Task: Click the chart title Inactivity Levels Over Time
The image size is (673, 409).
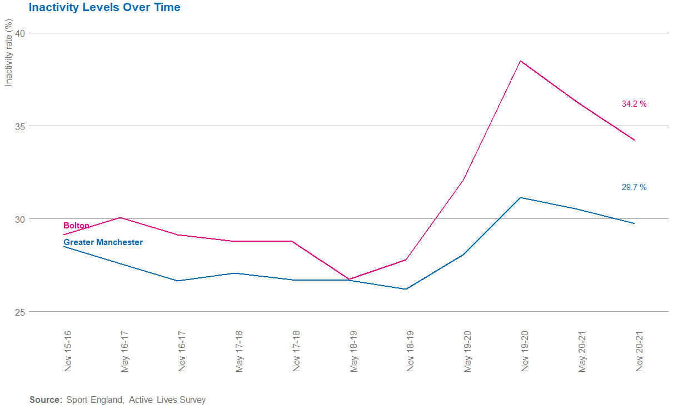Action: tap(104, 8)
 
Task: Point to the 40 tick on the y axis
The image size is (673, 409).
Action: tap(21, 33)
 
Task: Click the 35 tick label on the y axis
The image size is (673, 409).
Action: tap(21, 126)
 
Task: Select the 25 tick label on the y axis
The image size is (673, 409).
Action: tap(21, 312)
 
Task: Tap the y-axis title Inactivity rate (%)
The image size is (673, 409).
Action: tap(8, 53)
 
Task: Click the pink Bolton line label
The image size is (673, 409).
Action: tap(76, 226)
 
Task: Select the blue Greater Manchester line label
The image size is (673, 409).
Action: tap(103, 242)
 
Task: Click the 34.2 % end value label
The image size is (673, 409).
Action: tap(634, 104)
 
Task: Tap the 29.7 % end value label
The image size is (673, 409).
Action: tap(634, 187)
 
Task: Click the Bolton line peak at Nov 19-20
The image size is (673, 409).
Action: tap(520, 61)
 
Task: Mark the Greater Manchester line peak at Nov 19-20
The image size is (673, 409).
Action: tap(520, 197)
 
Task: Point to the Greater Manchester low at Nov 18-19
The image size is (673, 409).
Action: tap(406, 289)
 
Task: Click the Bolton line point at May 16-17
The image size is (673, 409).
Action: tap(121, 217)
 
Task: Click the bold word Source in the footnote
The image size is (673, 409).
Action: tap(46, 400)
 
